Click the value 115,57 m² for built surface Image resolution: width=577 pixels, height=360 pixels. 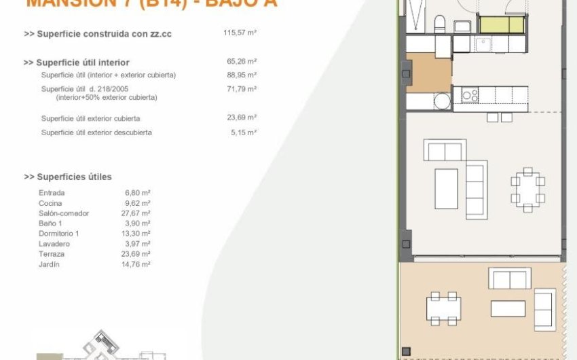[240, 33]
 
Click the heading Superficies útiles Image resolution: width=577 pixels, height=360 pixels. [68, 177]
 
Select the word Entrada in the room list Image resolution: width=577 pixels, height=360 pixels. [52, 193]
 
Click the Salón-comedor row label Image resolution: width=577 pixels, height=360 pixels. [64, 213]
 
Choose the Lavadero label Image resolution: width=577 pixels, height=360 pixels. [55, 244]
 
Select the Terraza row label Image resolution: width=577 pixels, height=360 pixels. [52, 254]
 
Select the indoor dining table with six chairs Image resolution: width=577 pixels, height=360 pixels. [527, 190]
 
